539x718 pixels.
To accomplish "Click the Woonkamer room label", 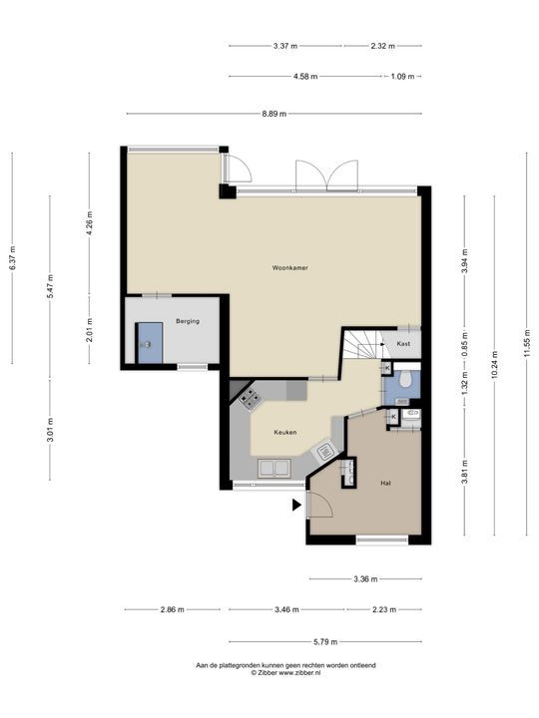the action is [289, 268].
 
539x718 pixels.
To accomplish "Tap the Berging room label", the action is [188, 321].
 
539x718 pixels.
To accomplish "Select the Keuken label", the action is [285, 432].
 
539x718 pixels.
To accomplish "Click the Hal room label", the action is [385, 483].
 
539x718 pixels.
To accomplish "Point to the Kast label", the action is [403, 343].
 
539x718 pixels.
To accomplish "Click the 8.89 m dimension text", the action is [274, 114].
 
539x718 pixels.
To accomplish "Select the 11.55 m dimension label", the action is [527, 342].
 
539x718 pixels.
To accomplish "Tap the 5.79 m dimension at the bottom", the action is [325, 641].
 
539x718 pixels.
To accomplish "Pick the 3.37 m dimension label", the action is [285, 46].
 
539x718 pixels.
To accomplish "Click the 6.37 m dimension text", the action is [12, 258].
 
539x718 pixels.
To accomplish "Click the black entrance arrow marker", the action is [297, 505].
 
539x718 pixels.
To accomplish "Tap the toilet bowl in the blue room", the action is [404, 378].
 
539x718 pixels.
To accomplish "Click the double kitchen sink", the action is [274, 469].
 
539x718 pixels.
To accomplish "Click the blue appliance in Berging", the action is [151, 343].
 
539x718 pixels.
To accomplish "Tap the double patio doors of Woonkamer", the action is [326, 176].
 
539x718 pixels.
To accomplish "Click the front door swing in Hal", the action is [320, 505].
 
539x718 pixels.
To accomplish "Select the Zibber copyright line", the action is [285, 673].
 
